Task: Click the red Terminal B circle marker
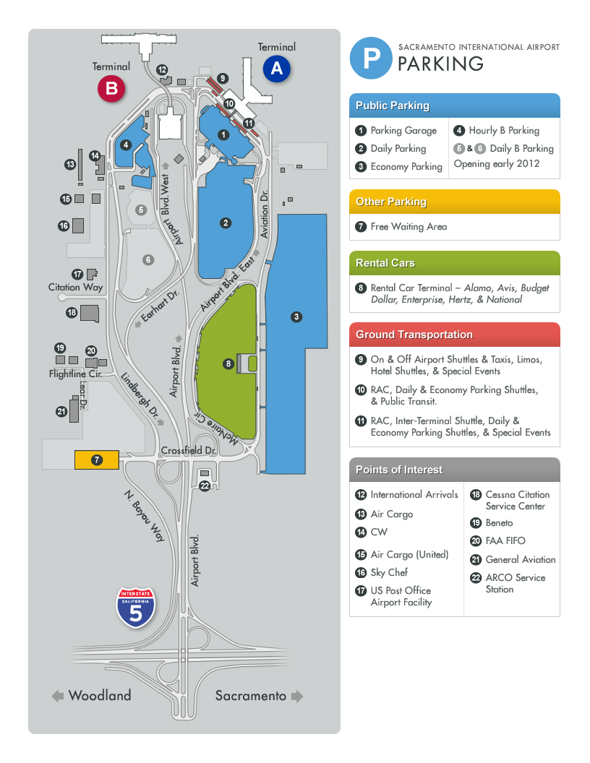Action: coord(112,89)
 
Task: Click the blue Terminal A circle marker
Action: coord(276,69)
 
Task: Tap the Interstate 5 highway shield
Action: coord(137,607)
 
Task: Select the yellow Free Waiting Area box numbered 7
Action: coord(97,460)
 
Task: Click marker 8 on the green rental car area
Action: coord(228,364)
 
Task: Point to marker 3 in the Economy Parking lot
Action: coord(296,316)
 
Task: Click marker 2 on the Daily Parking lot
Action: coord(226,223)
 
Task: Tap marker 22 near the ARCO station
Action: coord(205,486)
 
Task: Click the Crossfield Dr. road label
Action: coord(189,449)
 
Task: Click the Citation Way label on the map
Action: coord(76,287)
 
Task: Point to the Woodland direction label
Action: coord(100,696)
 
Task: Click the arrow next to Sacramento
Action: coord(296,697)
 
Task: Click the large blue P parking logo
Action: coord(371,59)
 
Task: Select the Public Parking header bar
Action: coord(454,105)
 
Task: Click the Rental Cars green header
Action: coord(454,263)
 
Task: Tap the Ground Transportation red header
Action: coord(454,335)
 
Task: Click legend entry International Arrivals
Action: coord(413,495)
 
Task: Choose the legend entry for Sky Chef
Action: coord(388,572)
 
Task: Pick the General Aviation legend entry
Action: coord(520,559)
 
